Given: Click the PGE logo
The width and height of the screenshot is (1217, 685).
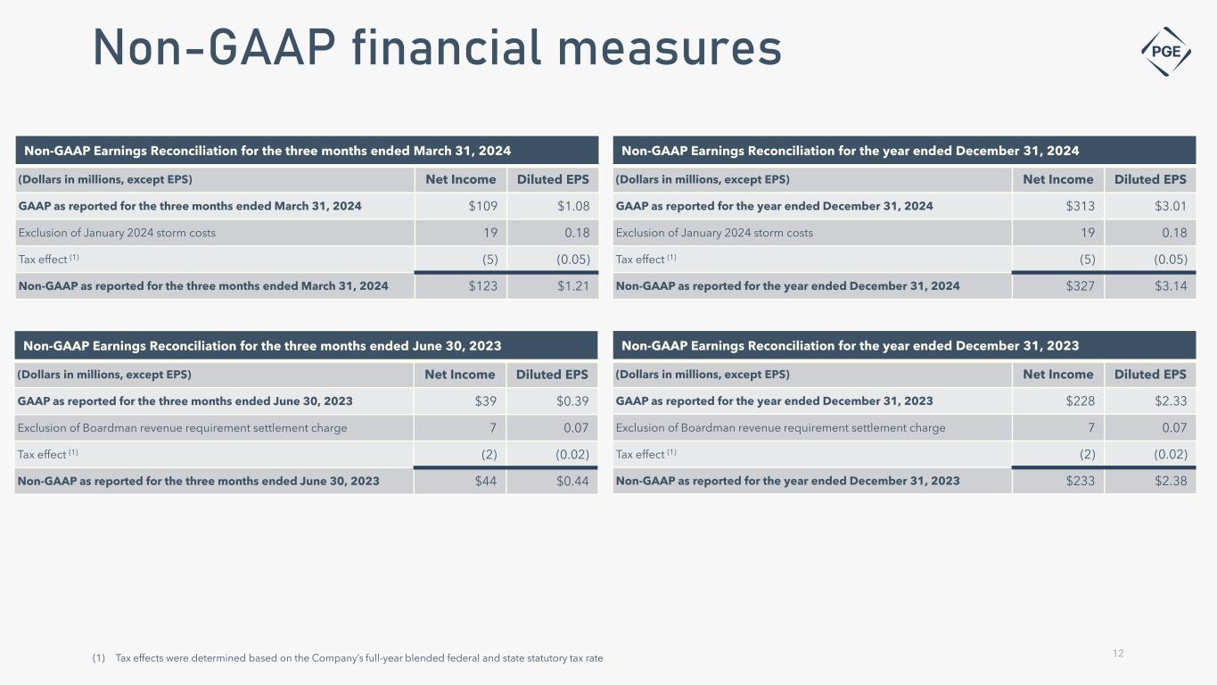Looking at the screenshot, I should point(1166,50).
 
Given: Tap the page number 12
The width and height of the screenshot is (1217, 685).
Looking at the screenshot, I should point(1118,654).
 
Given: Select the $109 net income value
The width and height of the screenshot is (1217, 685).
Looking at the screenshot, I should point(483,206).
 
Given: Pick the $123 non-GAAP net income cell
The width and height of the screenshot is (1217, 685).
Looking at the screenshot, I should point(483,286).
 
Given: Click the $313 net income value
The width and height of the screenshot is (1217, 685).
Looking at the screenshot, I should point(1080,206).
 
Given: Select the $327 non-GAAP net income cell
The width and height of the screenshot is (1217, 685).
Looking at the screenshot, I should point(1080,286).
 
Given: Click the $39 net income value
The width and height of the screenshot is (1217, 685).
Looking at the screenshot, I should point(486,401).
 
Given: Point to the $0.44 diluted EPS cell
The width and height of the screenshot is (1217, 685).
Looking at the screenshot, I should point(571,481).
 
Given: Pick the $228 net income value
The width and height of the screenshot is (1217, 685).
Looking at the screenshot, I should point(1080,401).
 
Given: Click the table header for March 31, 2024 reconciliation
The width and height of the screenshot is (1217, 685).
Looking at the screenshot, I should point(267,150).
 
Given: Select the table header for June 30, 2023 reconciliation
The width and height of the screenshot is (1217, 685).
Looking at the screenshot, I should point(262,346).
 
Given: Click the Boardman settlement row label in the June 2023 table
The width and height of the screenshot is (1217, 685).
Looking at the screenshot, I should point(182,428).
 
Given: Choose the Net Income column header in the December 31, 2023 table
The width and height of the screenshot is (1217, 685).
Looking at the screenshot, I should point(1057,375).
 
